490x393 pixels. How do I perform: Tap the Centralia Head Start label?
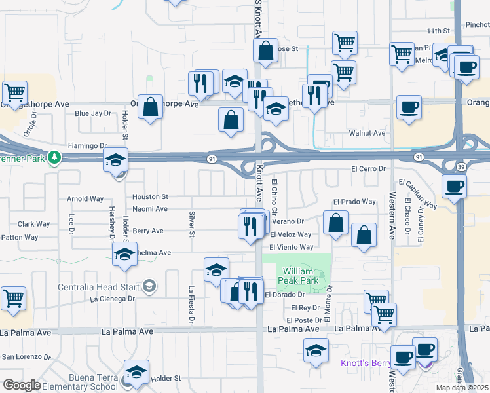pos(98,287)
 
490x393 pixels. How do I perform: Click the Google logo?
pos(21,385)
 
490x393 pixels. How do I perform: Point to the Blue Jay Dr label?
pos(93,113)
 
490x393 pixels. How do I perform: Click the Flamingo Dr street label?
pos(87,145)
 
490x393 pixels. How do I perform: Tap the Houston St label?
pos(151,196)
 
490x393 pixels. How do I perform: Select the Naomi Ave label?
pos(150,209)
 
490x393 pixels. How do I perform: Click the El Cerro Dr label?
pos(369,168)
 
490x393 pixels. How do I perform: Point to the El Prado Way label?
pos(354,202)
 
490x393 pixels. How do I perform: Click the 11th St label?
pos(439,31)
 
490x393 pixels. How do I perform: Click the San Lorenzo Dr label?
pos(26,357)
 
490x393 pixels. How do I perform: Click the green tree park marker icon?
pos(57,158)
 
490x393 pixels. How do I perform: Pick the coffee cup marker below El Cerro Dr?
pos(454,186)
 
